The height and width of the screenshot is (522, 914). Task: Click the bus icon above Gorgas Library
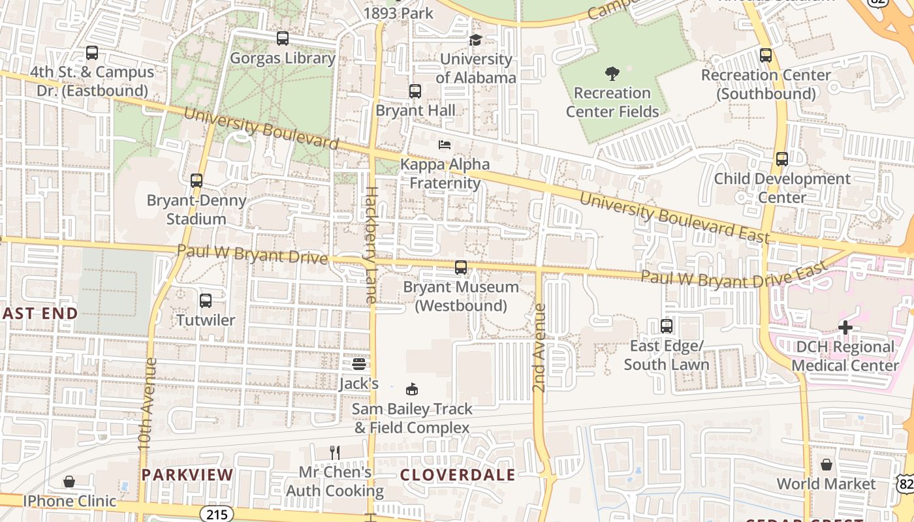click(x=282, y=38)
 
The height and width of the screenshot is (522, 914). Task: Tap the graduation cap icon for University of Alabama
click(x=475, y=40)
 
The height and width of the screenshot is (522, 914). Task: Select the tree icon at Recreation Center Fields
click(x=612, y=73)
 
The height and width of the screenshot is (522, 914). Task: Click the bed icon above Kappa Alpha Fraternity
click(x=445, y=144)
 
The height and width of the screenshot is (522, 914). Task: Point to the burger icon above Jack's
click(x=358, y=363)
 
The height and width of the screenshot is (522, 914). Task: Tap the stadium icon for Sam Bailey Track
click(x=411, y=390)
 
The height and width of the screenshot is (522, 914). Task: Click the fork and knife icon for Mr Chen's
click(x=335, y=452)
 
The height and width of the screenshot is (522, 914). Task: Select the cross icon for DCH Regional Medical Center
click(x=845, y=327)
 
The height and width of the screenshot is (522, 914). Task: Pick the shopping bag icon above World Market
click(x=826, y=465)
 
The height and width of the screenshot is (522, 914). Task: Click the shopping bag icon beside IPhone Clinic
click(x=69, y=482)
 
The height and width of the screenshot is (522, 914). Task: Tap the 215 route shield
click(x=216, y=514)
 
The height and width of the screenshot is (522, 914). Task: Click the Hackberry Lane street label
click(x=371, y=245)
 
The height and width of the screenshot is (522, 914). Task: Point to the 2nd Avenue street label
click(x=539, y=347)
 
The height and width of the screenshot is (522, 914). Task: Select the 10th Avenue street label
click(x=145, y=403)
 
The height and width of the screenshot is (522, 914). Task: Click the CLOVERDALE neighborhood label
click(x=457, y=475)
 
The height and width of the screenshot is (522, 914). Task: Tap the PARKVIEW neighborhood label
click(x=187, y=475)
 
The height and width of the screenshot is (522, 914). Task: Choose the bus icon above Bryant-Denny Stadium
click(x=196, y=181)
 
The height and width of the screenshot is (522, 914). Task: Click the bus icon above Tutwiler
click(x=205, y=301)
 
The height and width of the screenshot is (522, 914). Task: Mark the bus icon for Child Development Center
click(x=781, y=159)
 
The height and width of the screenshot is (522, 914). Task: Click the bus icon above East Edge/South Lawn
click(x=666, y=326)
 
